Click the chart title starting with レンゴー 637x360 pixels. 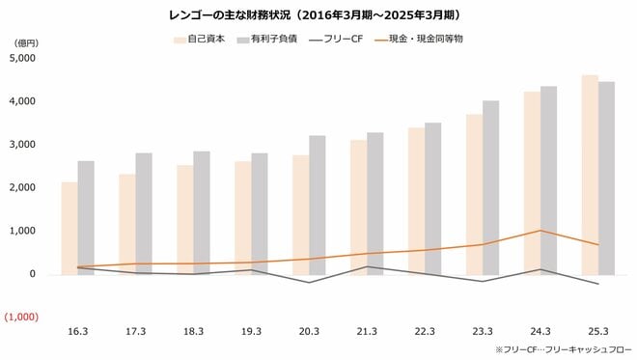[x=318, y=14]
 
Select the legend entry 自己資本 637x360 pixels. [x=205, y=41]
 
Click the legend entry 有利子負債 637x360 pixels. [x=271, y=41]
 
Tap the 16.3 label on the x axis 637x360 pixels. [x=77, y=331]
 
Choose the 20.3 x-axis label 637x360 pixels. [x=309, y=331]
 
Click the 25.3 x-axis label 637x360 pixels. [x=597, y=331]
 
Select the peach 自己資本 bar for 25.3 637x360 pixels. [x=589, y=174]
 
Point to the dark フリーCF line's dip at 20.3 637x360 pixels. [x=309, y=283]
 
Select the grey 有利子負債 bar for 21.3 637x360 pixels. [x=375, y=203]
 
